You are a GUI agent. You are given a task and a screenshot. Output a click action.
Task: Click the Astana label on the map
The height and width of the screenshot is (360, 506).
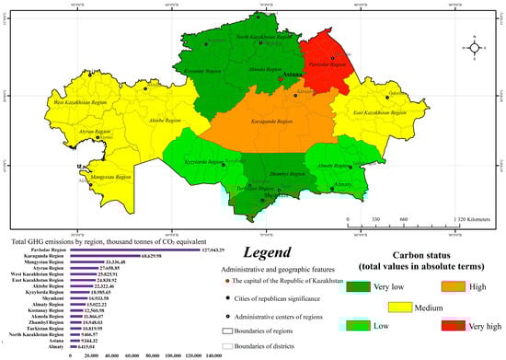(x=293, y=75)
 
